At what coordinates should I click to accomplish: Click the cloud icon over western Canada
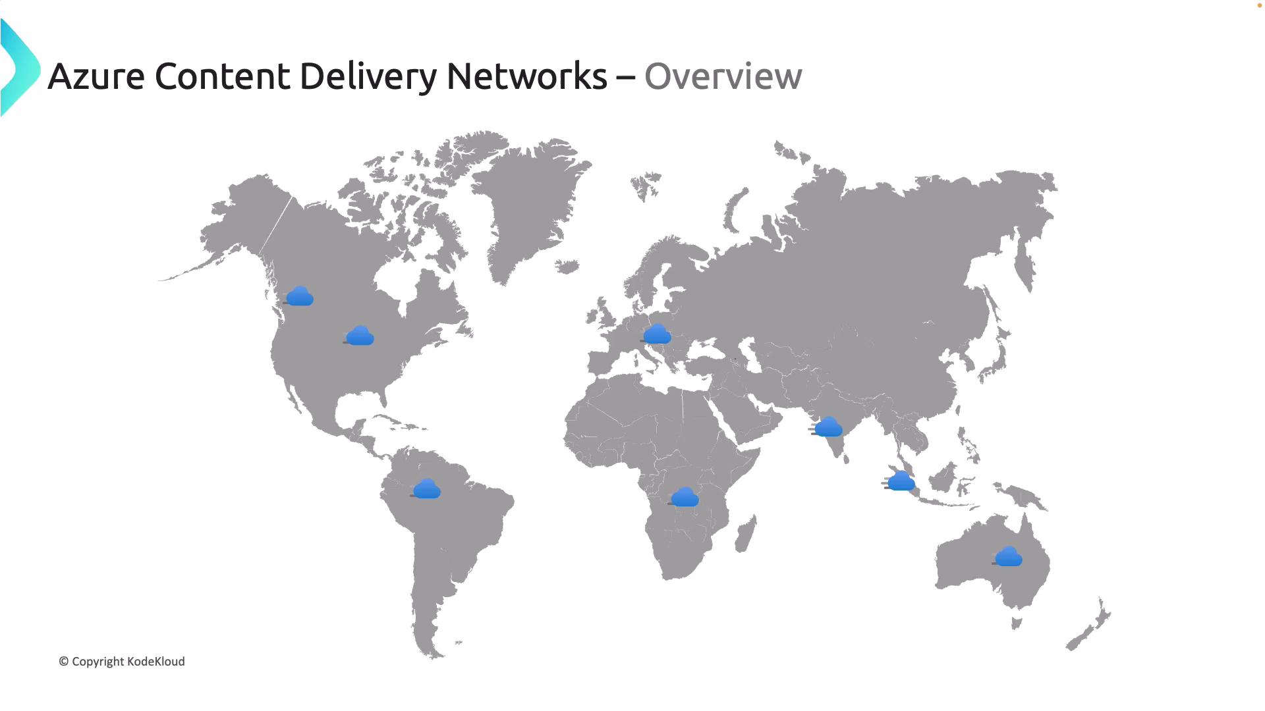click(x=300, y=296)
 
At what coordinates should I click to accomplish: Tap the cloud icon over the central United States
click(x=360, y=336)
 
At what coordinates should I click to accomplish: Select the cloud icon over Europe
click(x=657, y=334)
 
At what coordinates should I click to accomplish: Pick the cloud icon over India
click(x=828, y=427)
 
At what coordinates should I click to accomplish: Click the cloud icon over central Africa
click(x=685, y=498)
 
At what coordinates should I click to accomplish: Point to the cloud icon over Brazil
click(x=427, y=489)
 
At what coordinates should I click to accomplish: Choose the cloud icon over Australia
click(x=1008, y=557)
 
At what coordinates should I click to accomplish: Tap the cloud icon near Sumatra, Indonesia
click(x=901, y=481)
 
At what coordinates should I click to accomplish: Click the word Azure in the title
click(x=96, y=76)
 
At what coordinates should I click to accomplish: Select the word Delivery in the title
click(x=368, y=76)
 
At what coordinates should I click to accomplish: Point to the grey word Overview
click(x=723, y=76)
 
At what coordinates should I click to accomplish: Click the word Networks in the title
click(x=526, y=76)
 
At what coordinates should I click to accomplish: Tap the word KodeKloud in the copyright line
click(x=155, y=662)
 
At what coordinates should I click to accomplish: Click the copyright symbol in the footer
click(x=64, y=662)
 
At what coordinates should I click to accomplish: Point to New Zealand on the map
click(x=1090, y=625)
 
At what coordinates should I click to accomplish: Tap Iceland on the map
click(x=567, y=267)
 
